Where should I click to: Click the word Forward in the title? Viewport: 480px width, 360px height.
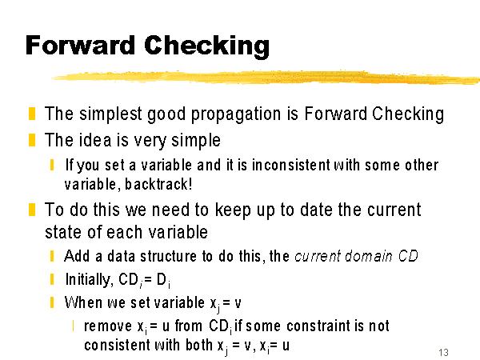pos(80,46)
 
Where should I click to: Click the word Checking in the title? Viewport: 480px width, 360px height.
pos(206,46)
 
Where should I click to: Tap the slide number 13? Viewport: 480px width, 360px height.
pos(443,352)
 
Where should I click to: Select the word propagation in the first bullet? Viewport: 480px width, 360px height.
pos(236,114)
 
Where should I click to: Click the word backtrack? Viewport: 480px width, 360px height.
pos(159,184)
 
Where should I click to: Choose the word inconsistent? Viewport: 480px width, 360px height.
pos(291,165)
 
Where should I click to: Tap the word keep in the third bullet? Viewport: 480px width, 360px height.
pos(233,210)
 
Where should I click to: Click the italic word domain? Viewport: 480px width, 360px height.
pos(369,256)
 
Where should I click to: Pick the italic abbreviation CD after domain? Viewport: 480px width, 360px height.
pos(408,256)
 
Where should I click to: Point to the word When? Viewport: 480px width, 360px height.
pos(83,302)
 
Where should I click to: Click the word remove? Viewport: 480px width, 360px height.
pos(108,326)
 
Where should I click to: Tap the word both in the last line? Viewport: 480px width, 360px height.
pos(199,345)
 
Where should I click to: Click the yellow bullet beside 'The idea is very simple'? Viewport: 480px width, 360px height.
pos(32,140)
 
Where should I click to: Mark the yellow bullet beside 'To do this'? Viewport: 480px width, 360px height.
pos(32,210)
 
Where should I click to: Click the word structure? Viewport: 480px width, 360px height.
pos(168,256)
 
